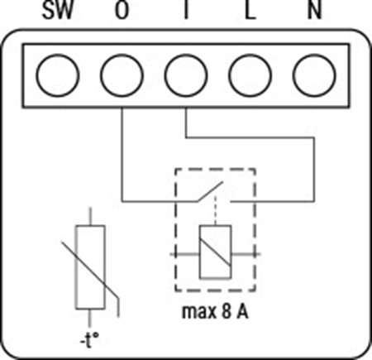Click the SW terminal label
click(58, 10)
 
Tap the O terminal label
click(122, 10)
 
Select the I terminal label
click(186, 10)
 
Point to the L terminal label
click(250, 10)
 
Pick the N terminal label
click(314, 10)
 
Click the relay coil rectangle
click(200, 252)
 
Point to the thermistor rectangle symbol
click(76, 267)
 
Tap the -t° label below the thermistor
click(89, 340)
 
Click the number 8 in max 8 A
click(226, 311)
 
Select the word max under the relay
click(198, 313)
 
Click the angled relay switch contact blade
click(209, 191)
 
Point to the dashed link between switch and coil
click(216, 211)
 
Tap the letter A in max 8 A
click(242, 311)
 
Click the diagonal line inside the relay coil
click(215, 252)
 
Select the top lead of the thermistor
click(90, 217)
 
